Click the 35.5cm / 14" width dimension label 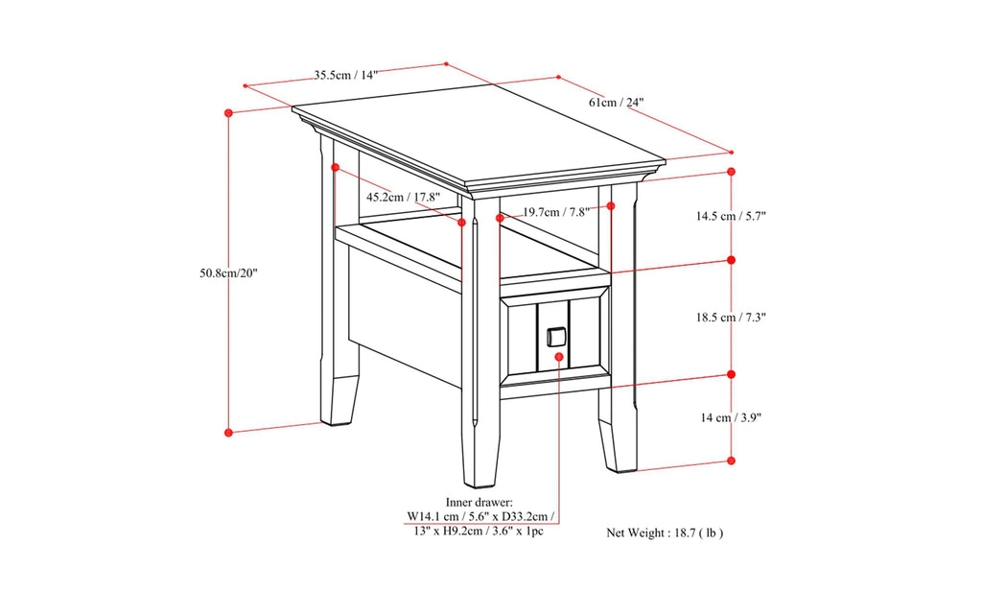346,75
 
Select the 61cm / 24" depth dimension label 616,102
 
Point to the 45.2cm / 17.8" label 403,197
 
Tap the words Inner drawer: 479,502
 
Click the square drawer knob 555,337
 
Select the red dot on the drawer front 560,356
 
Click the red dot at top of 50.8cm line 228,112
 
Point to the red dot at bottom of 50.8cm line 228,433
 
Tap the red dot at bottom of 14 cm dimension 732,461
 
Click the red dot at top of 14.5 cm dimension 732,172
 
